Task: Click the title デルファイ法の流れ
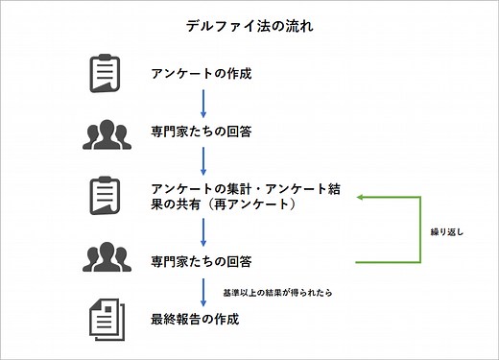[x=249, y=26]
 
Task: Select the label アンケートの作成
[x=202, y=74]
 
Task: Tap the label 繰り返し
[x=447, y=231]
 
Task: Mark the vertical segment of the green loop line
[x=420, y=229]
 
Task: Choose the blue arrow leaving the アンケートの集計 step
[x=202, y=231]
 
